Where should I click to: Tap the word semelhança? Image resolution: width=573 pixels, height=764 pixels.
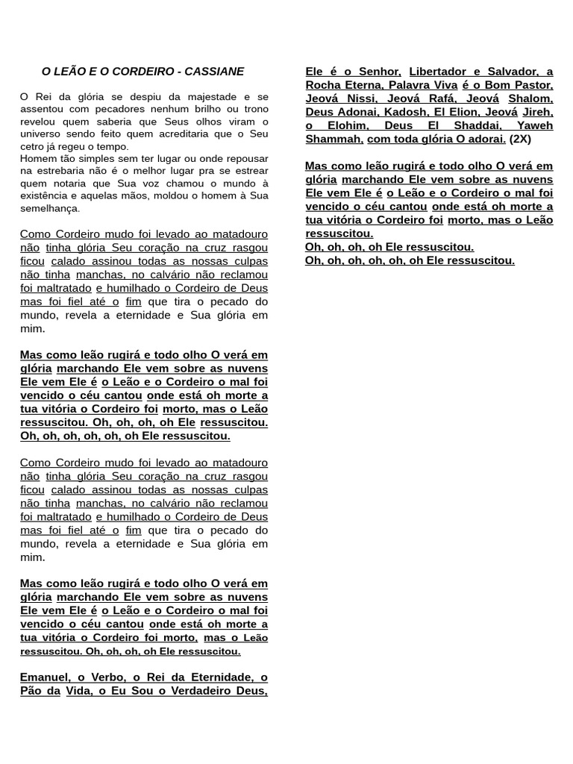49,208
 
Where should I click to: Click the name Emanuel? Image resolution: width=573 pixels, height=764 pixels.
44,677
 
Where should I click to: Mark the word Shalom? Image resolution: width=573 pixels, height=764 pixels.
530,98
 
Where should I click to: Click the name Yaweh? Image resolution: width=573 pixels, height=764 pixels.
535,125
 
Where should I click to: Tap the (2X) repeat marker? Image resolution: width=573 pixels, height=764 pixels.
520,139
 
